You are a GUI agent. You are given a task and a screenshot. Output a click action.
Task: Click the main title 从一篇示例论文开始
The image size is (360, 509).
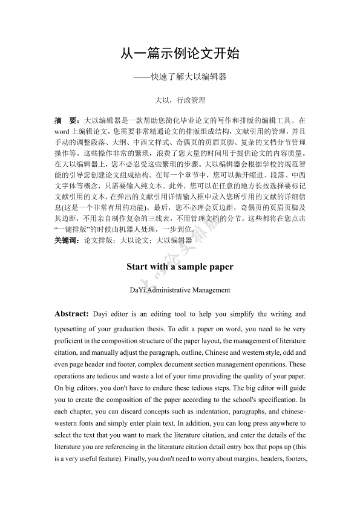tap(180, 54)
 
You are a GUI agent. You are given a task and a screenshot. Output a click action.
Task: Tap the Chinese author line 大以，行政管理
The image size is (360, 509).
tap(180, 100)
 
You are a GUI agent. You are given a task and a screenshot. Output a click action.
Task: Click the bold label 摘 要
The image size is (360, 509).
tap(67, 121)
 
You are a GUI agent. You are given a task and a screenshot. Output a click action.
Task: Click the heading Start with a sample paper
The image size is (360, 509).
tap(180, 266)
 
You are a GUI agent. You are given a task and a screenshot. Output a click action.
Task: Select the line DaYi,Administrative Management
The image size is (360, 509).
tap(180, 290)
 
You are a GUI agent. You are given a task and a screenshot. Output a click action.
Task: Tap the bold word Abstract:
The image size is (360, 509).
tap(72, 314)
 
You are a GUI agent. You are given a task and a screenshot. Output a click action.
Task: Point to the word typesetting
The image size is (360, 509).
tap(73, 329)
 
